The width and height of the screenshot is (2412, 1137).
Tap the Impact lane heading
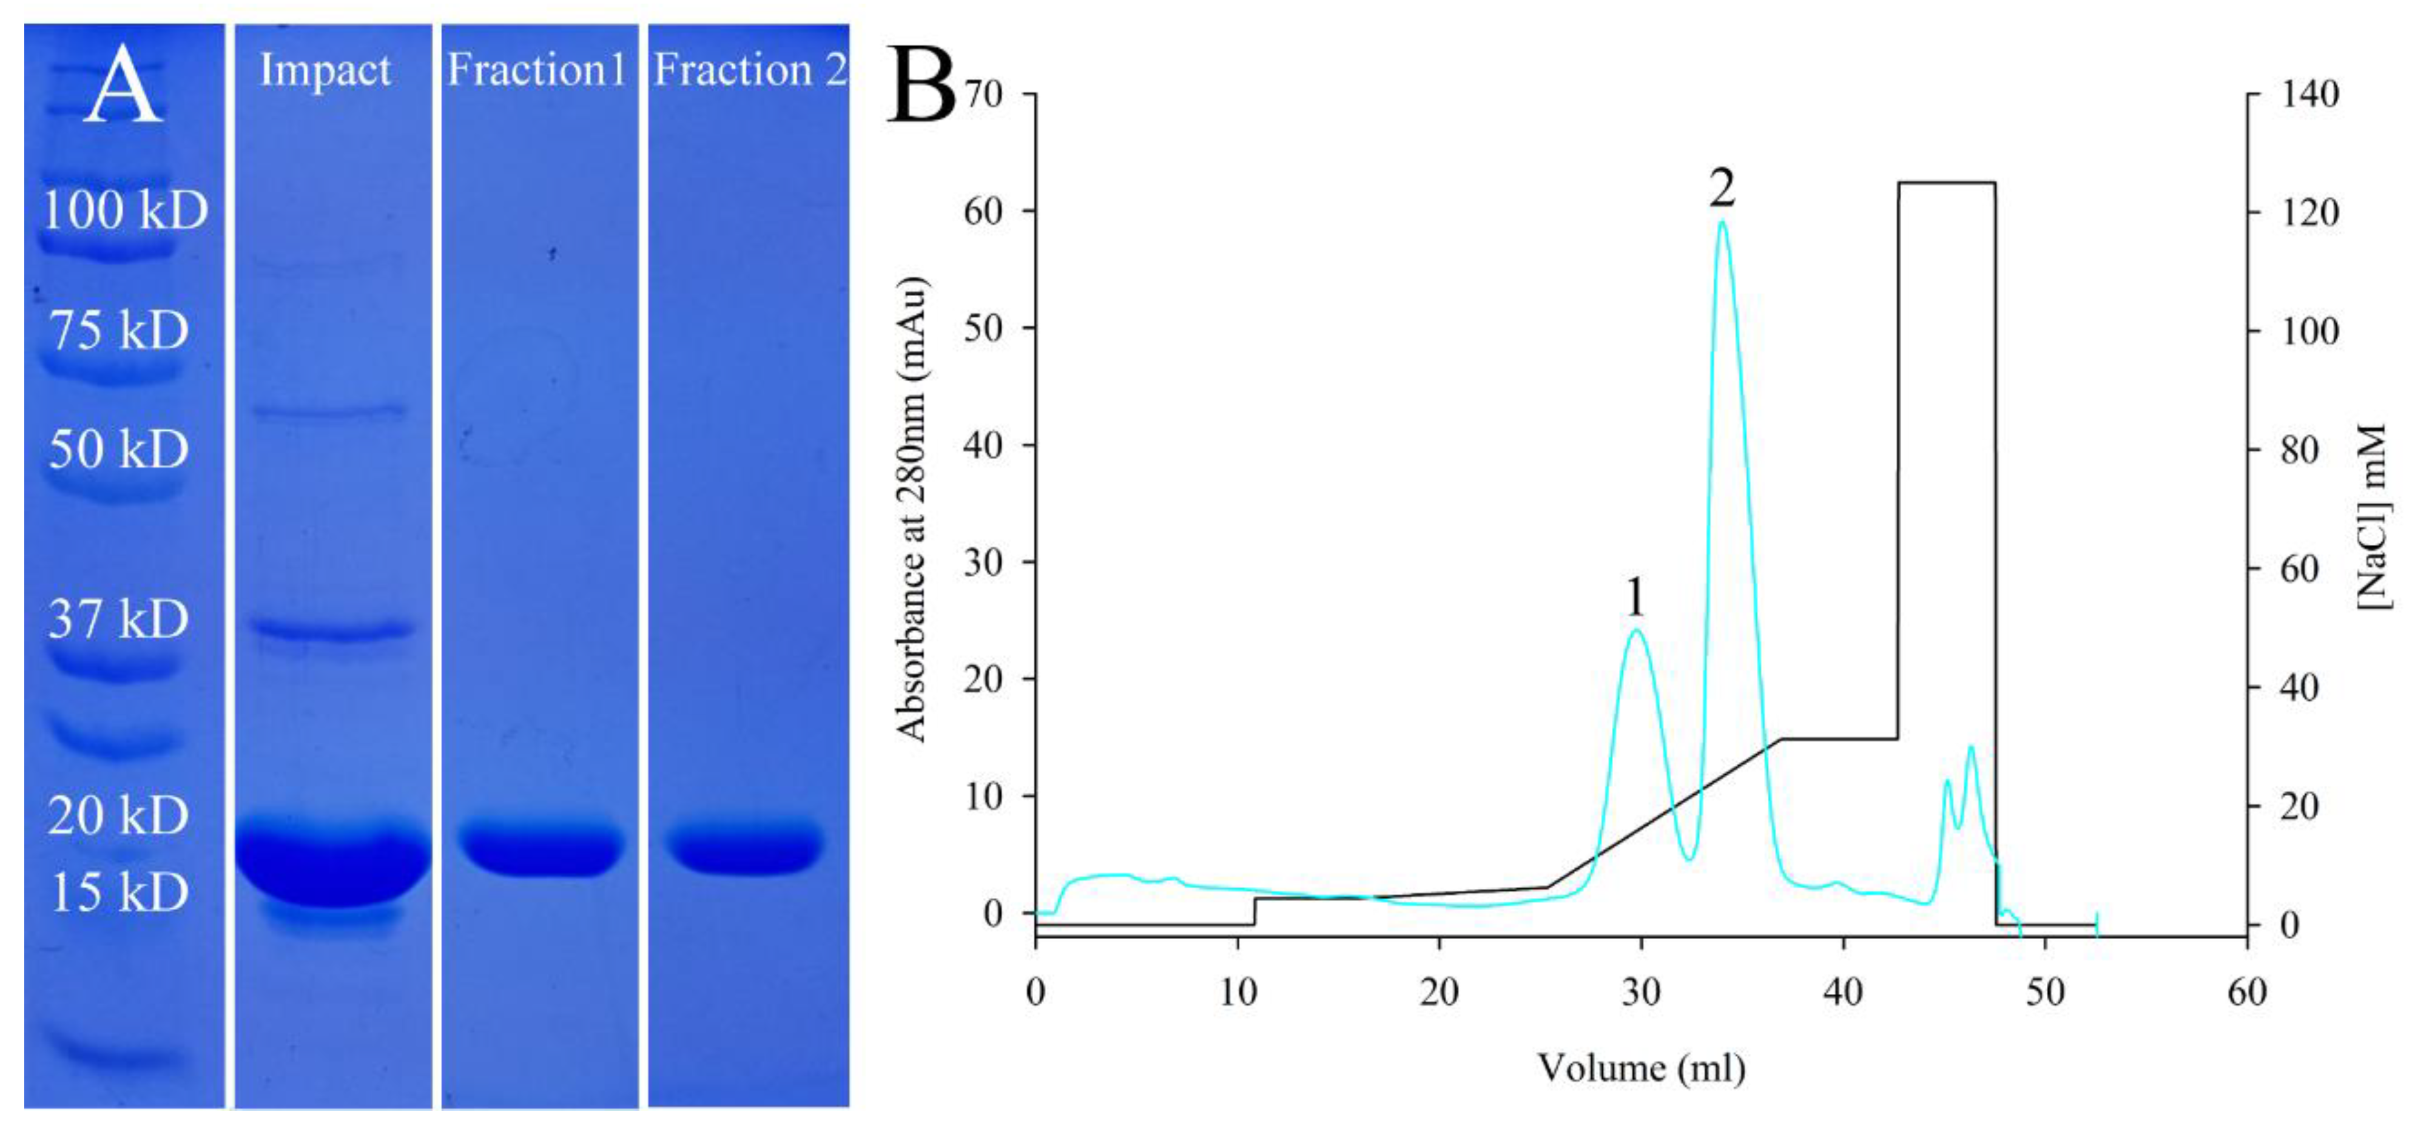(x=325, y=70)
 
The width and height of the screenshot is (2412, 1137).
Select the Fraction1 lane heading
(x=536, y=70)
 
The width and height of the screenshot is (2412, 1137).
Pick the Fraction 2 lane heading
(x=750, y=70)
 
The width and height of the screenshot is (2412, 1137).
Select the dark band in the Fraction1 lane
(x=541, y=848)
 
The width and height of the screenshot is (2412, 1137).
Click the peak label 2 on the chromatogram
(x=1722, y=188)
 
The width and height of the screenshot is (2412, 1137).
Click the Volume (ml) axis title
(x=1640, y=1068)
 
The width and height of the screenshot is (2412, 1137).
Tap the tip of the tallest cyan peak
(x=1722, y=222)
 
